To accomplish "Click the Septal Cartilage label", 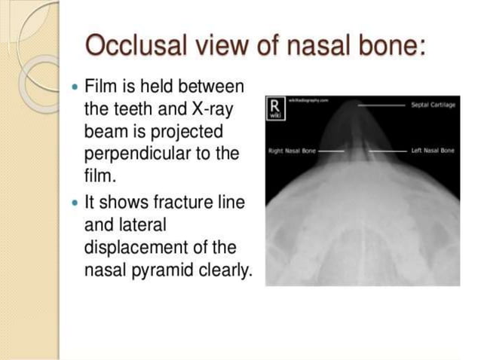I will tap(434, 105).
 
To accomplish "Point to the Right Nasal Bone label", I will tap(291, 151).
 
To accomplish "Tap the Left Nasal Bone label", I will tap(433, 151).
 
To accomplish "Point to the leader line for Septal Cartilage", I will tap(381, 106).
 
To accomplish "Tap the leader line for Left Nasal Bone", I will tap(388, 151).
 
